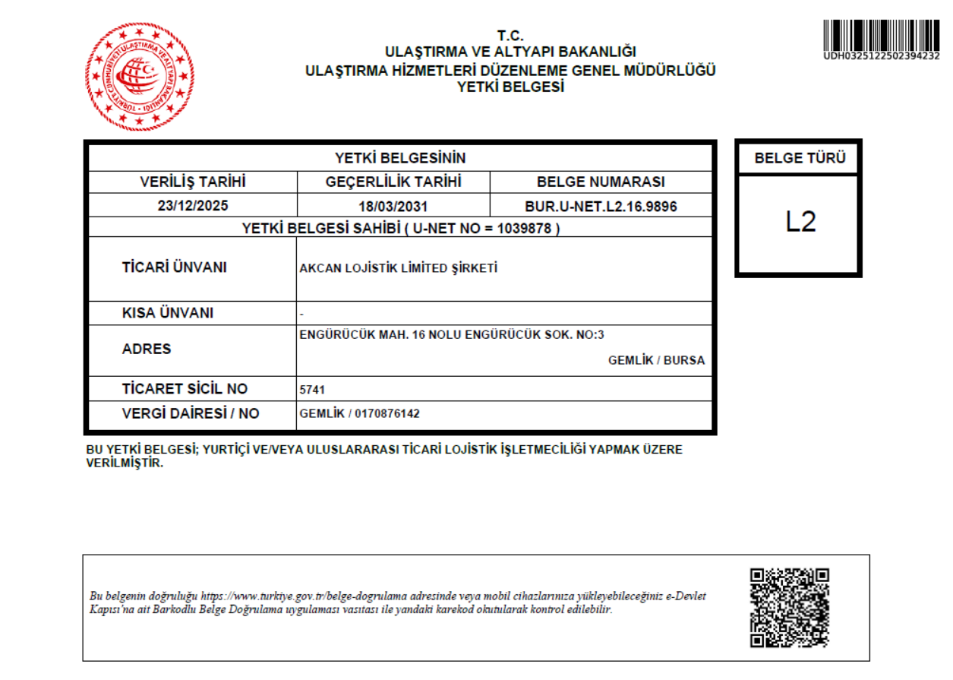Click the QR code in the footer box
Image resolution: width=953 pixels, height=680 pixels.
(789, 608)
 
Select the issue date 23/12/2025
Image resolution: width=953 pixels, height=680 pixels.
(193, 206)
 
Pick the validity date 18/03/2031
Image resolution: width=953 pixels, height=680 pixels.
(393, 206)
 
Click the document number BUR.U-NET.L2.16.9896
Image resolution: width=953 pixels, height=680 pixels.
(601, 206)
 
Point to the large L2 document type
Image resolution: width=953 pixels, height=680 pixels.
(800, 222)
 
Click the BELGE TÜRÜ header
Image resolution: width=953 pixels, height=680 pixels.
(800, 160)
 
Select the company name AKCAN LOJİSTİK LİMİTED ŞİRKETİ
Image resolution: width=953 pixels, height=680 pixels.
(399, 268)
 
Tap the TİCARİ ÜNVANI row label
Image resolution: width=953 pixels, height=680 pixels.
(174, 267)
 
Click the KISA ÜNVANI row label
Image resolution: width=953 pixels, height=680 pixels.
(168, 313)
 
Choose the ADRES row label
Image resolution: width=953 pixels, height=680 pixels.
(147, 349)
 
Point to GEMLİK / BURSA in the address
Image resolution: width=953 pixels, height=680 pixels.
(656, 360)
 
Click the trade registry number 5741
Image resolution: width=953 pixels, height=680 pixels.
(313, 390)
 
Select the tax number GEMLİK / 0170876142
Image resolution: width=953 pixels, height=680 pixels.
(360, 413)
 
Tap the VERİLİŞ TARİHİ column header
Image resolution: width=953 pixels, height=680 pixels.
(193, 182)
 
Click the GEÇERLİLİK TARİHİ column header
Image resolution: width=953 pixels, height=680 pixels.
(393, 182)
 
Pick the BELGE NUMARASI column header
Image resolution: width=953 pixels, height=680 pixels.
(601, 182)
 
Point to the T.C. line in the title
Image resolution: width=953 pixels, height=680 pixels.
(510, 35)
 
